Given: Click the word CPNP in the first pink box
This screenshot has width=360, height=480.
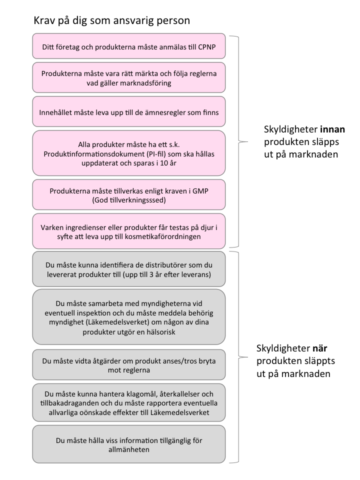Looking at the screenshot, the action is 207,47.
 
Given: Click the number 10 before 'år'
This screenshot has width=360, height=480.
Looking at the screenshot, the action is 164,163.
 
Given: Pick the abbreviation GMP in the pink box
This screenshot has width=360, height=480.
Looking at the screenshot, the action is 200,191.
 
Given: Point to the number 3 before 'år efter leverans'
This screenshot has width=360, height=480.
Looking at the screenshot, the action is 151,274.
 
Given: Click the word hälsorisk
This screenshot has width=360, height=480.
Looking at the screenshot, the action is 160,332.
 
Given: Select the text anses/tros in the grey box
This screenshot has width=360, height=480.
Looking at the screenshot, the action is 179,361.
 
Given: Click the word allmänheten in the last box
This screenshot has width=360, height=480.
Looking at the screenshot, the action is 129,450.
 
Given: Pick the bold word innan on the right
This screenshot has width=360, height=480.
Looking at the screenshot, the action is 332,129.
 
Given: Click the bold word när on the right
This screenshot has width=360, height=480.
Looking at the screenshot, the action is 319,348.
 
